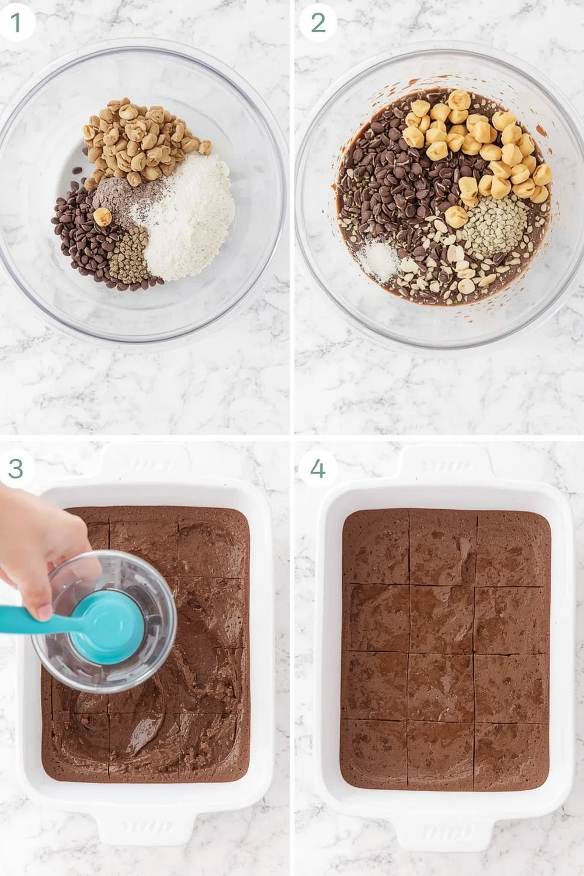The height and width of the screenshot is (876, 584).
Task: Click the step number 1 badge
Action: (16, 23)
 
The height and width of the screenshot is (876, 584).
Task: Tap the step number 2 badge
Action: (318, 23)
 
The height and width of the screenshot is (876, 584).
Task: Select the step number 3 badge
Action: (16, 468)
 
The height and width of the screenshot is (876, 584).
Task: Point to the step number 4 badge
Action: (318, 468)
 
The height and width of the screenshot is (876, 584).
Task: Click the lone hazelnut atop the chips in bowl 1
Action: (103, 216)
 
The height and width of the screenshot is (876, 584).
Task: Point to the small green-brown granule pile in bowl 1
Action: (128, 257)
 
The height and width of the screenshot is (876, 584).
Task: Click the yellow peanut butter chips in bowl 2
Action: (479, 146)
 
